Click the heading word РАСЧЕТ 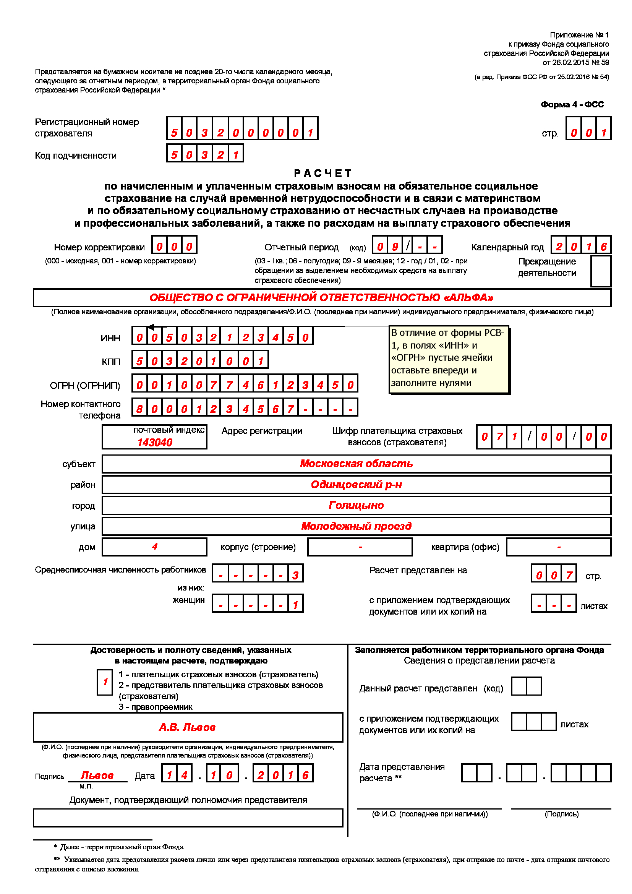322,173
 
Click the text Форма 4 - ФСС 572,105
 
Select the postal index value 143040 154,442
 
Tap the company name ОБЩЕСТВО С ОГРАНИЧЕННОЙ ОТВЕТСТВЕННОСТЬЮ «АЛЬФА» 321,298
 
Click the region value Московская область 356,464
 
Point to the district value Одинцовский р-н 356,485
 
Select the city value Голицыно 356,505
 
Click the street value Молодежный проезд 356,526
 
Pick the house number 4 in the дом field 154,547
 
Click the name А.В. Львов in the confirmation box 187,727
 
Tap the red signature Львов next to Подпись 97,776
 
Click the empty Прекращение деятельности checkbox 601,271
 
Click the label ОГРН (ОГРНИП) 85,386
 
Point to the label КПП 111,362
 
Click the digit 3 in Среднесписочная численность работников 295,576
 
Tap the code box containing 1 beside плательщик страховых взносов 105,682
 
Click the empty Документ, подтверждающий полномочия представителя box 188,818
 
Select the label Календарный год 507,247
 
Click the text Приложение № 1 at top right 579,35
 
